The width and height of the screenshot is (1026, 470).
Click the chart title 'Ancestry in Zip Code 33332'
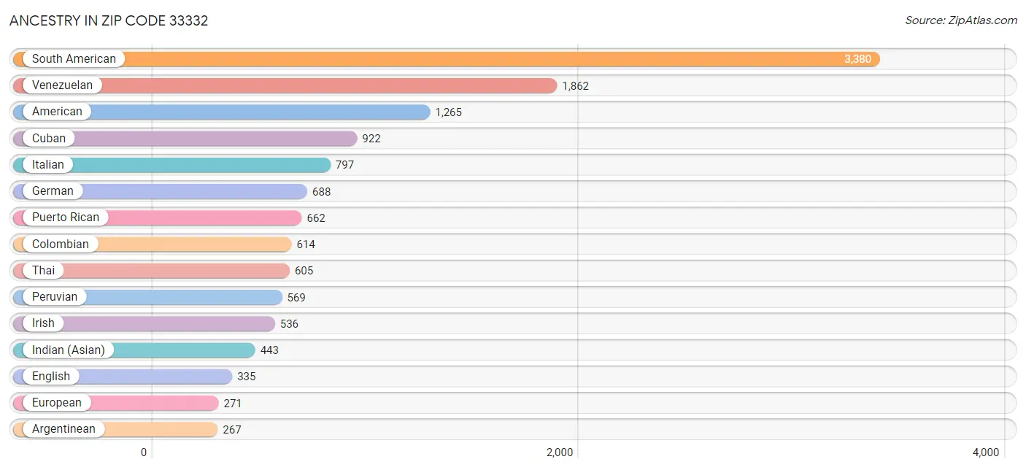click(109, 20)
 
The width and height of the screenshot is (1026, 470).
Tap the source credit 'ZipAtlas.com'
click(961, 20)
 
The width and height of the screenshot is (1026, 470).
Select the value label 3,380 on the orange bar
click(857, 59)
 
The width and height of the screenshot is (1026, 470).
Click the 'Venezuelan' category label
click(62, 85)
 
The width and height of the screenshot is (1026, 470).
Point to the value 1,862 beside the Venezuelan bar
click(575, 86)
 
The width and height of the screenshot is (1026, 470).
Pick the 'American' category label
click(57, 112)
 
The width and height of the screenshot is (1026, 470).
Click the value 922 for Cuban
click(371, 139)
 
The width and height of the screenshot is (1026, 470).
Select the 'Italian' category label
click(48, 165)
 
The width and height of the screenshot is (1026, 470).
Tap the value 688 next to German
click(321, 192)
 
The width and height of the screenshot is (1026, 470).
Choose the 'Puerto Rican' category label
click(66, 217)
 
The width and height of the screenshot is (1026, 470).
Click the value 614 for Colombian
click(306, 244)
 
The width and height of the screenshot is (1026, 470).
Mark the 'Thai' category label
click(43, 271)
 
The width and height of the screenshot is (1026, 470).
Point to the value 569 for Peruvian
click(296, 298)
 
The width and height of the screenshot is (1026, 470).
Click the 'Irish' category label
click(43, 323)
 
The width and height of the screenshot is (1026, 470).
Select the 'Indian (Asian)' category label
click(68, 350)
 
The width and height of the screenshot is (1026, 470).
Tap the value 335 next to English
click(247, 377)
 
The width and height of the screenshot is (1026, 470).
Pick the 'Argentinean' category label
click(63, 429)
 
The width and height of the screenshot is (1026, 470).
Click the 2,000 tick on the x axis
click(560, 452)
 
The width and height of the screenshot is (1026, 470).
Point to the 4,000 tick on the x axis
click(985, 452)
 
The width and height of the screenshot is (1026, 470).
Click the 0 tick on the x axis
click(144, 452)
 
